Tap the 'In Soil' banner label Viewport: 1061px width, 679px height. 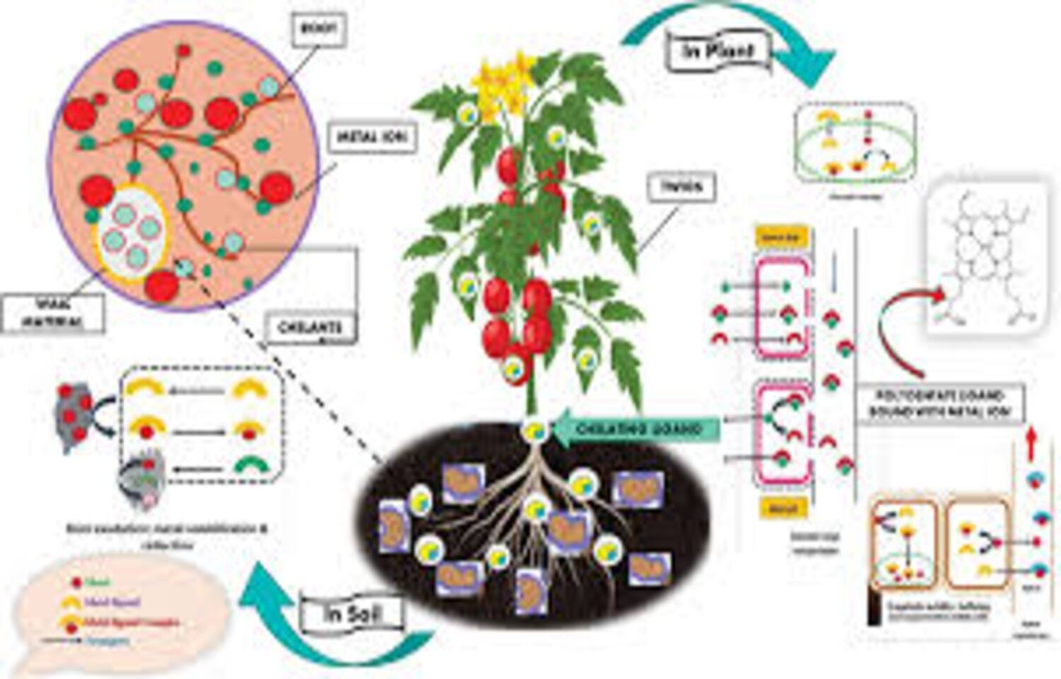[352, 613]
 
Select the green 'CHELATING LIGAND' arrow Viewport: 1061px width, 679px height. [636, 429]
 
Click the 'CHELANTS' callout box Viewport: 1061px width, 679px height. [309, 327]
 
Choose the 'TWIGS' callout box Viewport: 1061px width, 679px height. [683, 187]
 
